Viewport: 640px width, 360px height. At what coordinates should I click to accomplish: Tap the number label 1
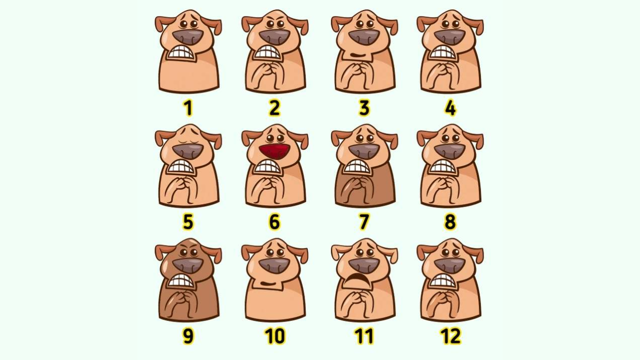click(187, 108)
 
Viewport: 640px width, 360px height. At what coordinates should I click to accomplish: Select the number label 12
click(450, 336)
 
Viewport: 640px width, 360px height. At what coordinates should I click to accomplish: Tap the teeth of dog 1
click(181, 53)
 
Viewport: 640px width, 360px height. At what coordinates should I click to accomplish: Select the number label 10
click(275, 336)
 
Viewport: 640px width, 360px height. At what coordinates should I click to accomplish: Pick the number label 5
click(188, 221)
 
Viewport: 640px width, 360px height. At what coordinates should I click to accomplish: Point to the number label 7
click(364, 221)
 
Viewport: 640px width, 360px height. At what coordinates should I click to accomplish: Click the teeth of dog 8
click(442, 166)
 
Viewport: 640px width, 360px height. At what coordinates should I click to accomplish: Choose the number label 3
click(364, 108)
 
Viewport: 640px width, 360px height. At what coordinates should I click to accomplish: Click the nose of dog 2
click(275, 37)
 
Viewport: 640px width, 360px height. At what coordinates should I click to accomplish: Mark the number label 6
click(274, 221)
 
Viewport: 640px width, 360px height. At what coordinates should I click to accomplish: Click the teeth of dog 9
click(181, 280)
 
